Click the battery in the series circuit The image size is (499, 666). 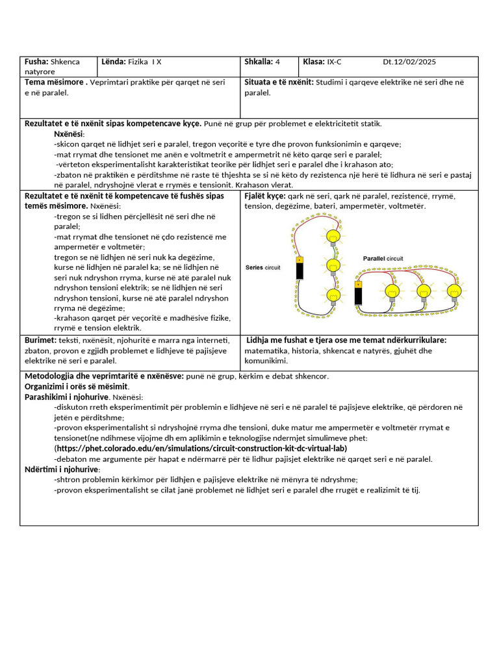tap(299, 268)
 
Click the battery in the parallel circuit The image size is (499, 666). tap(357, 293)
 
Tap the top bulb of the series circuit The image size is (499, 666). tap(333, 236)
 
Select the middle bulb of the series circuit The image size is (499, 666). tap(333, 265)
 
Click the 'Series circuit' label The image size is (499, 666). tap(263, 267)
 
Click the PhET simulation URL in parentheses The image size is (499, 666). tap(201, 448)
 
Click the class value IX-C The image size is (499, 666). tap(334, 62)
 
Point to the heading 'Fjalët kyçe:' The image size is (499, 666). tap(264, 196)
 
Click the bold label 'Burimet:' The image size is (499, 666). tap(40, 340)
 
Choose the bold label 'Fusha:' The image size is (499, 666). tap(36, 62)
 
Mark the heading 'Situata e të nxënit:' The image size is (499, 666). tap(279, 83)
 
